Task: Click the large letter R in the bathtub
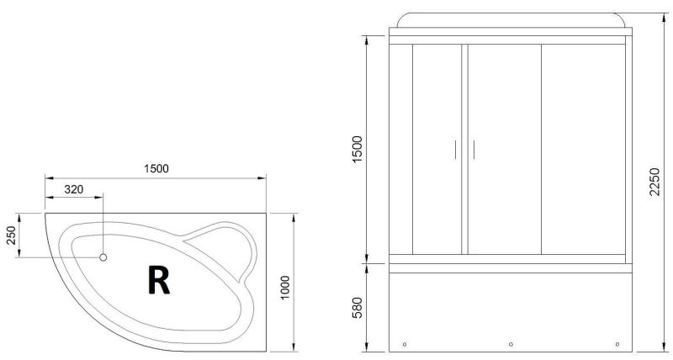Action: click(159, 279)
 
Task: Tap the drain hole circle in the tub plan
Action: click(103, 257)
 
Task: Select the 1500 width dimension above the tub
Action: click(156, 168)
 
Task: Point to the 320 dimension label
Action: click(74, 189)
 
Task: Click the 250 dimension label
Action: click(11, 236)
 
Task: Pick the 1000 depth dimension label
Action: click(285, 288)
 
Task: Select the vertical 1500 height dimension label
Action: click(357, 149)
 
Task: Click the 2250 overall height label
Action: click(654, 182)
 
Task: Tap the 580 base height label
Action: click(357, 308)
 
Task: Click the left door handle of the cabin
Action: click(455, 150)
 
